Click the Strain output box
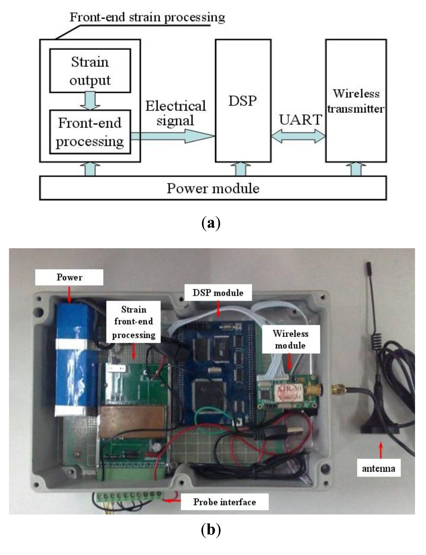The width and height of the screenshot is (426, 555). click(90, 71)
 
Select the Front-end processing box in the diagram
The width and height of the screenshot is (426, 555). click(90, 132)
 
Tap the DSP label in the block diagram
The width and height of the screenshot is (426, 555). click(243, 101)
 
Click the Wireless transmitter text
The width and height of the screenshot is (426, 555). click(356, 101)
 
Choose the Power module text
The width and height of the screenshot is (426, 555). click(213, 188)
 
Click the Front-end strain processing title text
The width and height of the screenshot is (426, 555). click(147, 18)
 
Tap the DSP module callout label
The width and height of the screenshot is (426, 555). click(218, 293)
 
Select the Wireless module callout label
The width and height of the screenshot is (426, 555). click(290, 339)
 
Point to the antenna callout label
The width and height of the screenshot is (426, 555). click(379, 468)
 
